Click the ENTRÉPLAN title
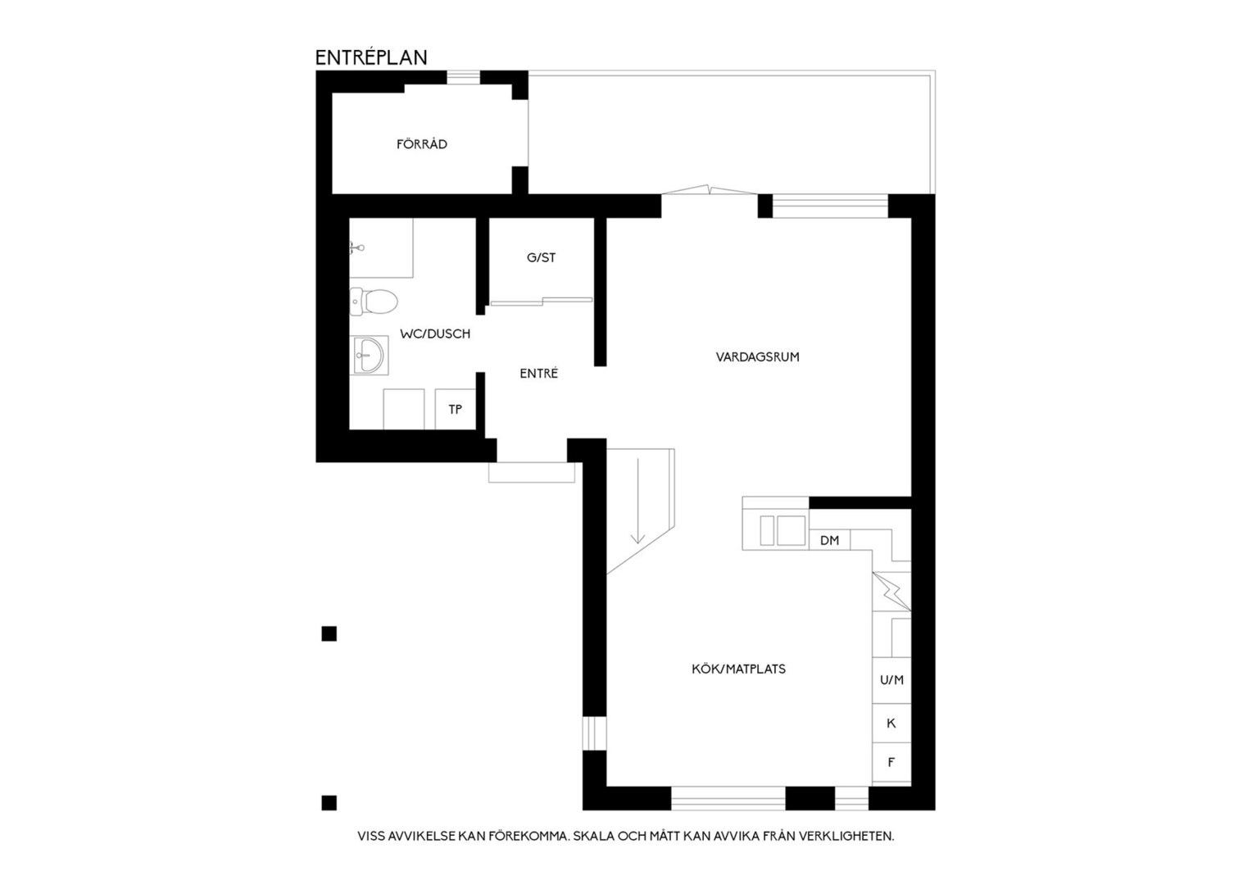point(371,57)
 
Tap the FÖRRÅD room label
point(422,144)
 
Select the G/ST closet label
point(541,258)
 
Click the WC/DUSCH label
point(435,334)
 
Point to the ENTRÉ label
point(539,374)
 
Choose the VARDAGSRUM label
point(757,356)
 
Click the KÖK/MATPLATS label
point(738,669)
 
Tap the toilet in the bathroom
point(374,302)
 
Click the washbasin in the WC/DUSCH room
point(369,355)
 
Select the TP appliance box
point(455,409)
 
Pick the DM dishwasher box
point(829,540)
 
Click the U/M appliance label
point(891,680)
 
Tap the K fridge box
point(891,723)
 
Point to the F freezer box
point(891,762)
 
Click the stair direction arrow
point(637,501)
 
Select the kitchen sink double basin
point(782,530)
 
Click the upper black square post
point(329,634)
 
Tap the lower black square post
point(329,803)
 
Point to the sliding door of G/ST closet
point(541,302)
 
